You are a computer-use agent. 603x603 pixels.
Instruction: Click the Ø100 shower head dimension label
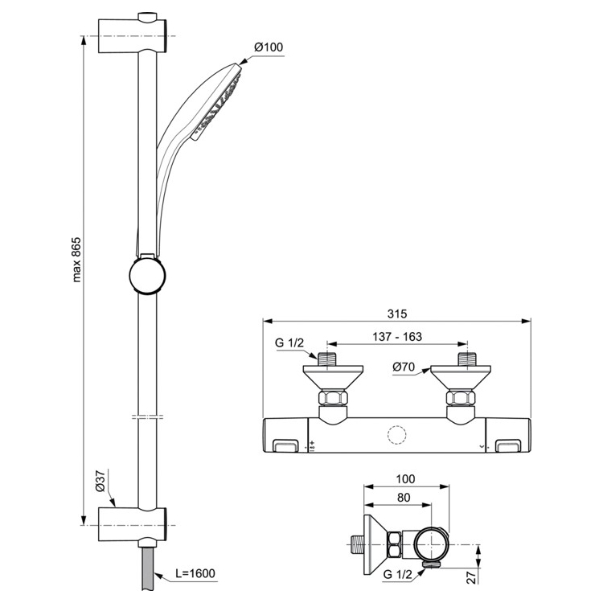269,48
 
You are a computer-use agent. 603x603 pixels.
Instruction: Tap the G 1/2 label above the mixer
289,343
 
